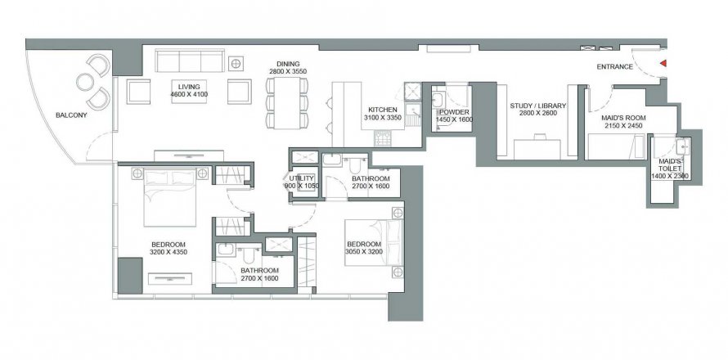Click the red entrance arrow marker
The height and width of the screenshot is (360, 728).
pos(663,63)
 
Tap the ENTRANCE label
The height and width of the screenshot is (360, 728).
pos(615,67)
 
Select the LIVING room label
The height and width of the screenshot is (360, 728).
pos(189,87)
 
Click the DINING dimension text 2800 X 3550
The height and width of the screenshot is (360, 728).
pos(288,71)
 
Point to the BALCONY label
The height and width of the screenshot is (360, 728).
pos(71,115)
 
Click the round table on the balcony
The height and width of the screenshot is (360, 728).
pos(85,82)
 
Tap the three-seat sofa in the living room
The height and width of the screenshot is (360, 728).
pos(190,61)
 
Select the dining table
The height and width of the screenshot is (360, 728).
pos(287,102)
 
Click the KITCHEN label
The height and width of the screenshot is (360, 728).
pos(383,110)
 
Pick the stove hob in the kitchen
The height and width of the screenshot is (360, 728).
pos(383,138)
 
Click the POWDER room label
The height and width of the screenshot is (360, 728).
pos(454,112)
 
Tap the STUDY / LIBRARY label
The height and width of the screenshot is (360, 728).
pos(538,106)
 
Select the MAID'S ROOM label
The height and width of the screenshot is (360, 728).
pos(622,118)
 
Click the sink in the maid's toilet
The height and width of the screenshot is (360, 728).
pos(684,146)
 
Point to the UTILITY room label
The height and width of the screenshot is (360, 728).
pos(302,178)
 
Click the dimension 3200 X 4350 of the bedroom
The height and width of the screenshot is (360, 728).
pos(169,252)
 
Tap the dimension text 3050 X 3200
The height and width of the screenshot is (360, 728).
pos(363,252)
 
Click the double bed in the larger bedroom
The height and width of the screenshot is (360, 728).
pos(170,197)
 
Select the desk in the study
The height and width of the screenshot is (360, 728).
pos(537,149)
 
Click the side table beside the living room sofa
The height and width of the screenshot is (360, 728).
pos(236,63)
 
